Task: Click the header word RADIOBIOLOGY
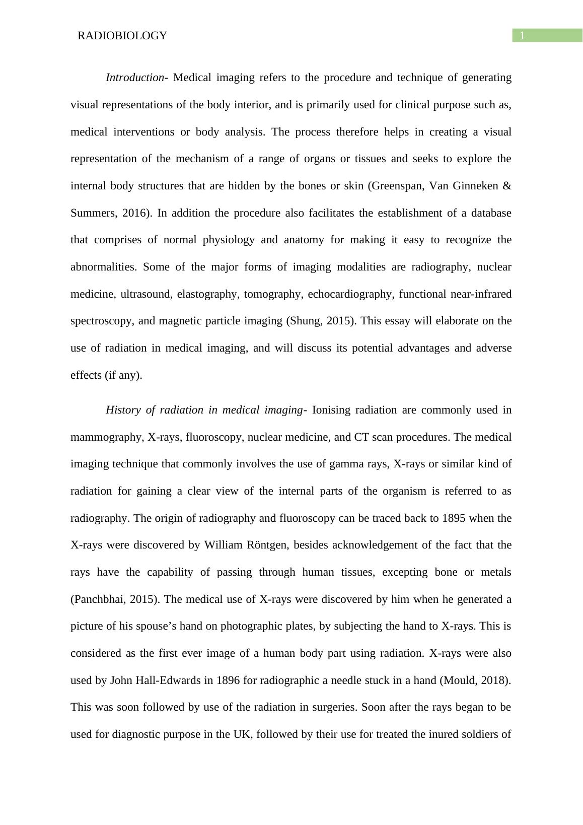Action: pyautogui.click(x=122, y=36)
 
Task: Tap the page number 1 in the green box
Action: pyautogui.click(x=523, y=36)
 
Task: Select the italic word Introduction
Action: pyautogui.click(x=134, y=78)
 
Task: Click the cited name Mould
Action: pyautogui.click(x=461, y=680)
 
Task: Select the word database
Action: pyautogui.click(x=491, y=213)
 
